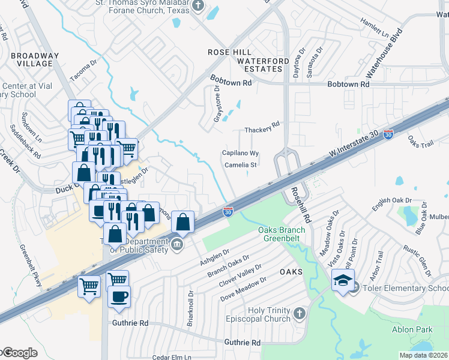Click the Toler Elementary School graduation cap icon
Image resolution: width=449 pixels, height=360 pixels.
(x=343, y=281)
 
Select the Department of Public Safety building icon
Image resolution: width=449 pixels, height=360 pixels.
(x=178, y=244)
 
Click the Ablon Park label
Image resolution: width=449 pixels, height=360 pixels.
(x=412, y=329)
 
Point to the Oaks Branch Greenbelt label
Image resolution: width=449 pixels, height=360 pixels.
(x=282, y=234)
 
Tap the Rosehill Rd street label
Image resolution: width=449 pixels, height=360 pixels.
(x=300, y=202)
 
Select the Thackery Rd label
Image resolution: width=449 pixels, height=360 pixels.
(x=262, y=130)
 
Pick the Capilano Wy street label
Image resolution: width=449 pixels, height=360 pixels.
(x=240, y=153)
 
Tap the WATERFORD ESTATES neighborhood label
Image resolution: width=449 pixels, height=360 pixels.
(x=259, y=65)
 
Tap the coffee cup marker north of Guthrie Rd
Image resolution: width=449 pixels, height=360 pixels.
(x=119, y=296)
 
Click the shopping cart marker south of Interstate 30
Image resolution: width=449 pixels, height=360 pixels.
(x=89, y=286)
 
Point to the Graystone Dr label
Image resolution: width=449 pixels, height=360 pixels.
(x=217, y=103)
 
